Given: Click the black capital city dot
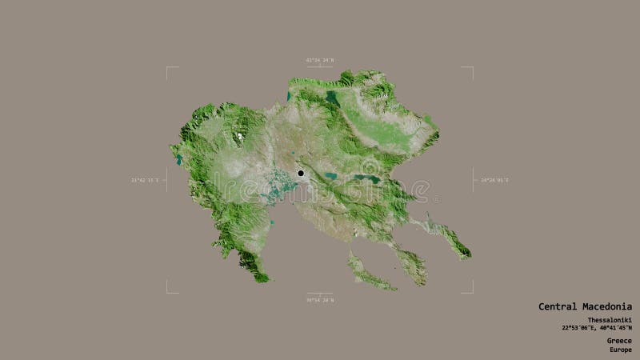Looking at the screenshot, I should (x=301, y=173).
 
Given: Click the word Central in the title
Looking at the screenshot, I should (x=558, y=306).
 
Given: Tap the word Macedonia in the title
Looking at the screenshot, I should (x=607, y=306).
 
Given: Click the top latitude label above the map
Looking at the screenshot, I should (x=319, y=59).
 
